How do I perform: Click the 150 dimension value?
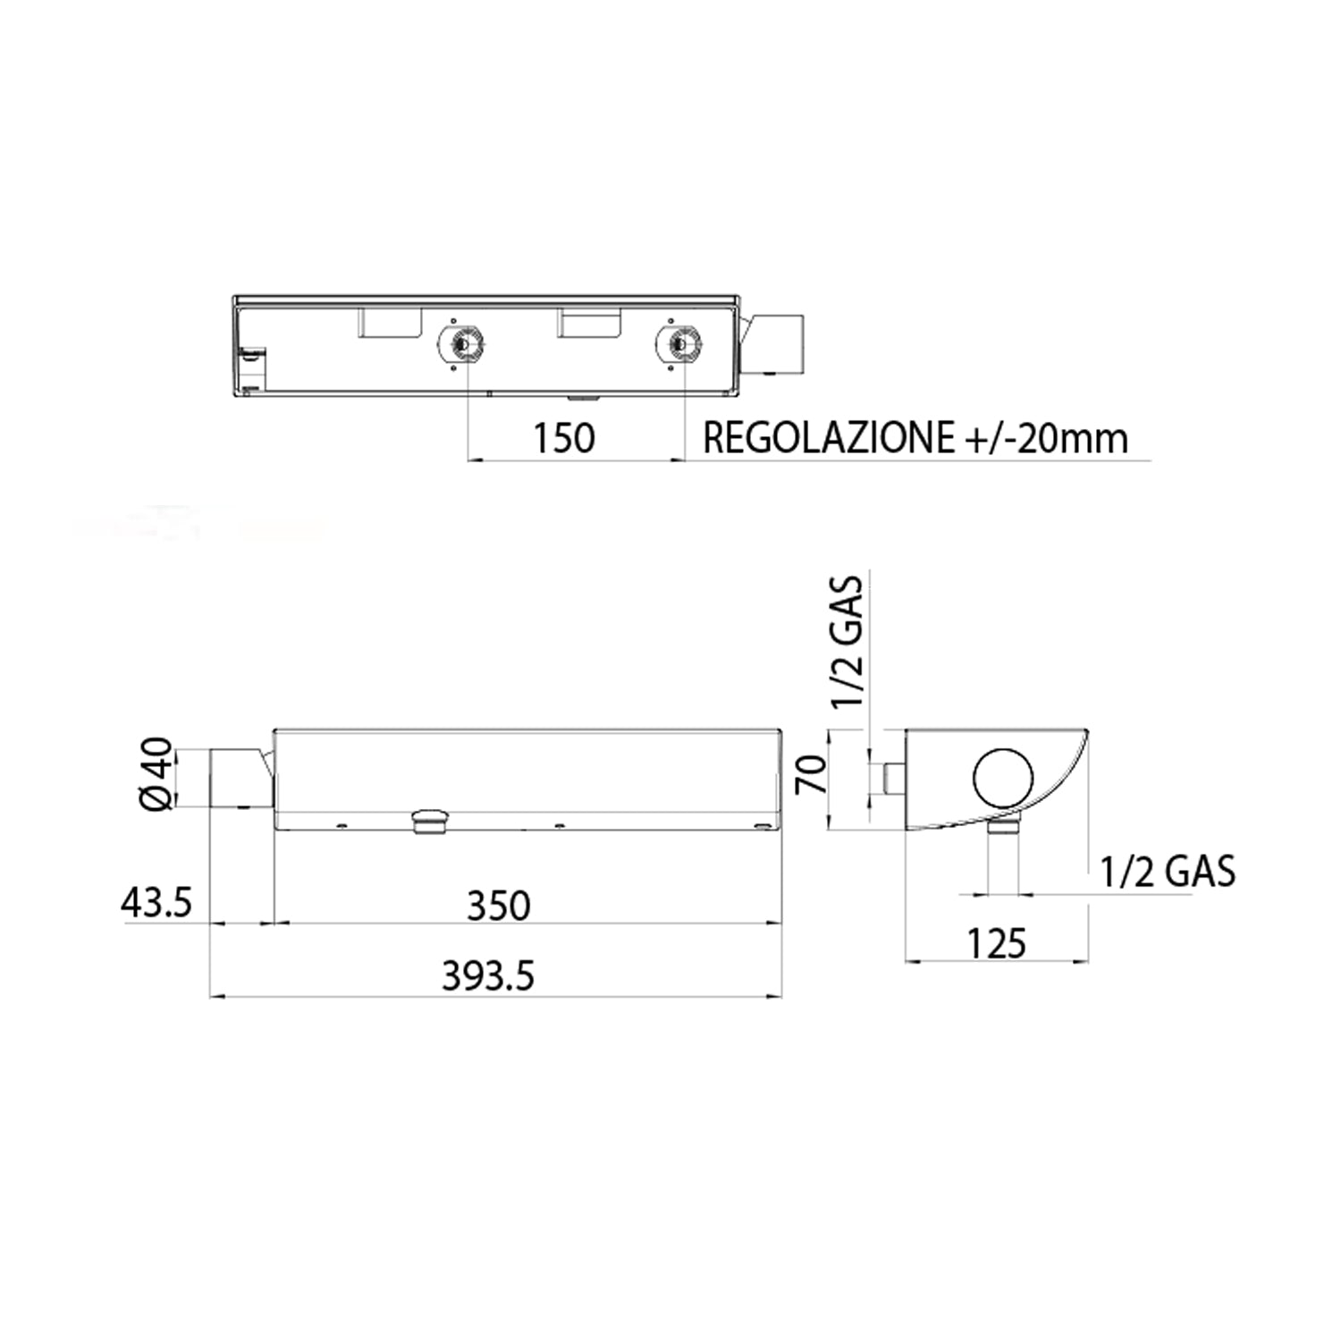(563, 438)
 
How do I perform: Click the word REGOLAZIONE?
(829, 438)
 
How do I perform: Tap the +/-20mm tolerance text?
(1047, 438)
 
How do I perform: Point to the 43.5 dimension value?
(156, 903)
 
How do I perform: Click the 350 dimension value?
(499, 906)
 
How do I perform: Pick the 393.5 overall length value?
(488, 976)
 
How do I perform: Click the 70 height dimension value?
(812, 774)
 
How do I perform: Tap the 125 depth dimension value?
(997, 943)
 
